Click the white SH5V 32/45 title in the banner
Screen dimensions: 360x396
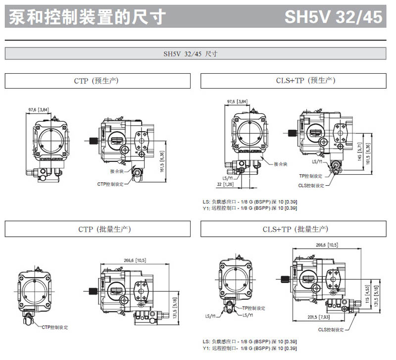click(x=333, y=17)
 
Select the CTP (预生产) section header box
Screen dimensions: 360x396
click(x=98, y=81)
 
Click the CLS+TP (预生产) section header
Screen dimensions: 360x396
click(x=293, y=81)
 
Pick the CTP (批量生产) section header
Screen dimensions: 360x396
click(x=98, y=229)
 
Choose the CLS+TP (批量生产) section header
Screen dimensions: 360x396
click(x=293, y=229)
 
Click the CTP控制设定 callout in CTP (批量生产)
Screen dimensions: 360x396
click(x=55, y=327)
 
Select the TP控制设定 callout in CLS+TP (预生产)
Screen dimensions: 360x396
click(x=310, y=176)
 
